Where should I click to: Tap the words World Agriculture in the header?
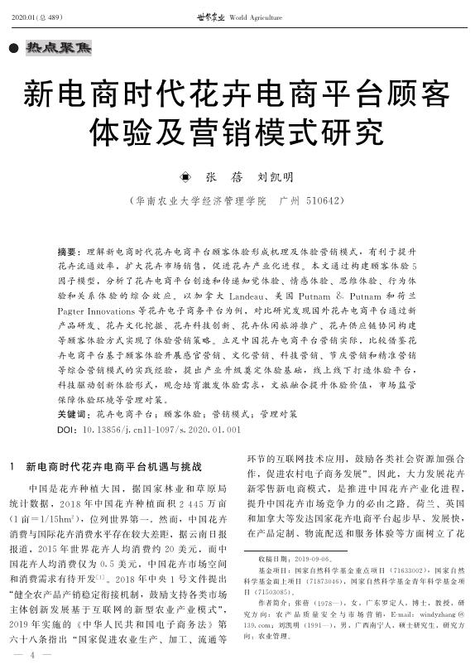click(x=249, y=17)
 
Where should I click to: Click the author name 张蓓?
click(x=217, y=176)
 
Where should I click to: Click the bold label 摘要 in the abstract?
click(x=69, y=249)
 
